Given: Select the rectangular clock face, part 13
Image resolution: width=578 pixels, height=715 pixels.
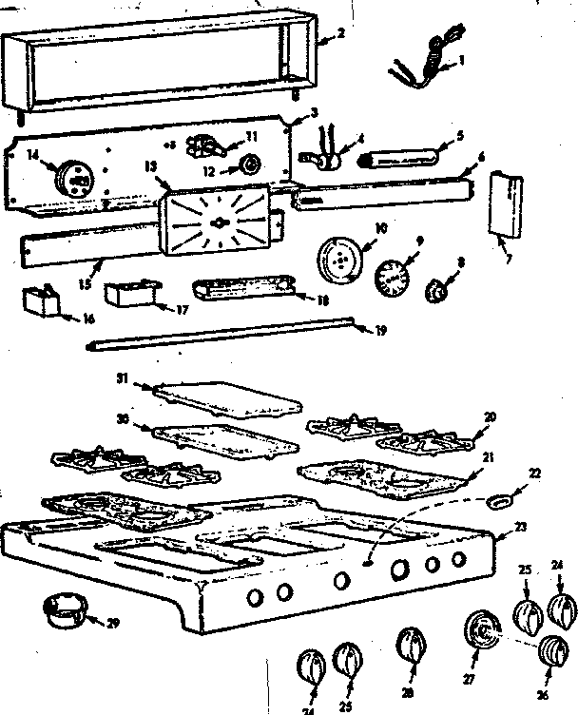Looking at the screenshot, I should pos(219,221).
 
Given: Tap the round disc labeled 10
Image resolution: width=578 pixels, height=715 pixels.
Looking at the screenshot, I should pos(339,257).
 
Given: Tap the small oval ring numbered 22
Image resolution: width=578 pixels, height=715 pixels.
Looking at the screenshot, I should pos(499,497).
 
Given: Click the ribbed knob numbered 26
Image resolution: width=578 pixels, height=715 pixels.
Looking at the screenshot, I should pos(551,649).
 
